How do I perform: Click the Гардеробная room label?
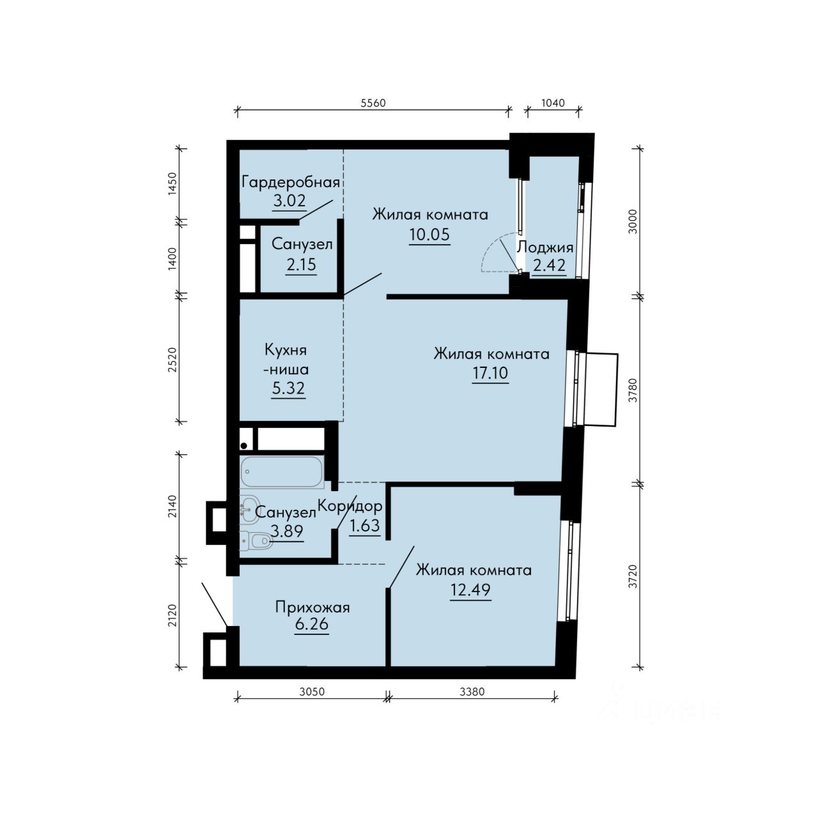pyautogui.click(x=290, y=183)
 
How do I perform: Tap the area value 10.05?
pyautogui.click(x=429, y=234)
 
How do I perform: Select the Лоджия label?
pyautogui.click(x=545, y=247)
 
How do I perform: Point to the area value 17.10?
pyautogui.click(x=490, y=373)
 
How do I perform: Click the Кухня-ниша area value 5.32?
pyautogui.click(x=288, y=388)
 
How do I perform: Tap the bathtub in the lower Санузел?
pyautogui.click(x=282, y=472)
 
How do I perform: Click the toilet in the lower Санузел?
pyautogui.click(x=256, y=540)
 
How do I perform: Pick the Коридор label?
pyautogui.click(x=350, y=507)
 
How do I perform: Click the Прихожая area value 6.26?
pyautogui.click(x=312, y=624)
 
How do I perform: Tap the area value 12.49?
pyautogui.click(x=470, y=590)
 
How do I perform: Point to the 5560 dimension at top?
pyautogui.click(x=373, y=103)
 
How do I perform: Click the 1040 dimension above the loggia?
pyautogui.click(x=553, y=103)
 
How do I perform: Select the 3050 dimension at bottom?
pyautogui.click(x=312, y=692)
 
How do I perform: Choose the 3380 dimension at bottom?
pyautogui.click(x=472, y=692)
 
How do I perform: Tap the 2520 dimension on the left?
pyautogui.click(x=172, y=360)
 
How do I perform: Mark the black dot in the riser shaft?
pyautogui.click(x=243, y=446)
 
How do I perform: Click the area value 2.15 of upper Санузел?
pyautogui.click(x=302, y=264)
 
